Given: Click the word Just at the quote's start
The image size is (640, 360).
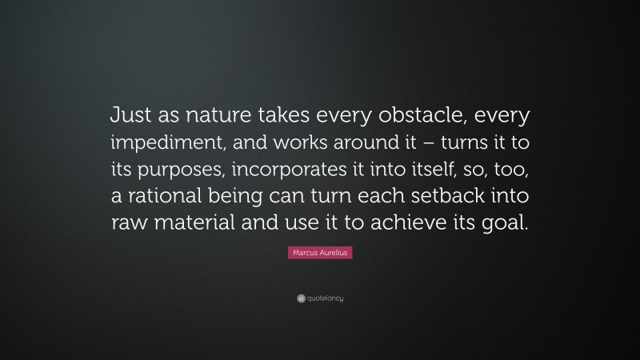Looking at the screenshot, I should [x=130, y=117].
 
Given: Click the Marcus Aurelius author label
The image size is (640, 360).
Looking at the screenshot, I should [x=319, y=253].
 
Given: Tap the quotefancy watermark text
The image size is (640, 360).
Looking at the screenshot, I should [x=324, y=298].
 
